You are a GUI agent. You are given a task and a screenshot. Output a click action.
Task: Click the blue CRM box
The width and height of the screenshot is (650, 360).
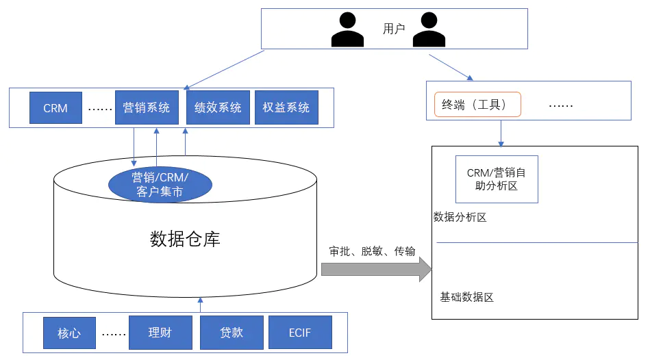point(55,107)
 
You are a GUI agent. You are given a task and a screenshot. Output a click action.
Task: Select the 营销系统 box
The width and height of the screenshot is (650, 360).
point(147,107)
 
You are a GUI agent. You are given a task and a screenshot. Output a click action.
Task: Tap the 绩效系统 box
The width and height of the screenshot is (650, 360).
point(218,107)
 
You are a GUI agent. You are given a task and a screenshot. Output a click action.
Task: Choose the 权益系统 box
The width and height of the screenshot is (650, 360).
point(286,107)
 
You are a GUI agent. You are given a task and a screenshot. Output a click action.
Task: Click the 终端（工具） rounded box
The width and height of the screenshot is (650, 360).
point(477,105)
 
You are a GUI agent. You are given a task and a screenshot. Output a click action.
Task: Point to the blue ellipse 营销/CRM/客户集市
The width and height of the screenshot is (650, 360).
point(160,184)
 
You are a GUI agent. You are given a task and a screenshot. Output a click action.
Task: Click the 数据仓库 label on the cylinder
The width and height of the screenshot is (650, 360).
point(185,239)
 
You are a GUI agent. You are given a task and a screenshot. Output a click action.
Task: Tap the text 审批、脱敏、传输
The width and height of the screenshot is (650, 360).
point(372,251)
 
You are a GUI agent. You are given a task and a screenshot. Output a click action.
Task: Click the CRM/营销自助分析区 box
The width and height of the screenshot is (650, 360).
point(497,179)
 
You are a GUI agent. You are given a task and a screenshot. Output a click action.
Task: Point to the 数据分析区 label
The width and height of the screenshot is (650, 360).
point(460,217)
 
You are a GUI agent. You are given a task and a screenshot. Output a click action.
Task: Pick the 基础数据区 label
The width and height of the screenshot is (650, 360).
point(466,297)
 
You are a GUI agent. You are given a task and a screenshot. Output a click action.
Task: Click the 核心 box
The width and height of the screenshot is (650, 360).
point(69,333)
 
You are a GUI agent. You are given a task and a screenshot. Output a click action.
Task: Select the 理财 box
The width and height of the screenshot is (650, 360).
point(160,332)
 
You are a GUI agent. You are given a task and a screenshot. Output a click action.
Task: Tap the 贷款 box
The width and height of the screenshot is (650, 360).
point(232,332)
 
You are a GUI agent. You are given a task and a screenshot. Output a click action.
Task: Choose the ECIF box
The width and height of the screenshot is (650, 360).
point(300,332)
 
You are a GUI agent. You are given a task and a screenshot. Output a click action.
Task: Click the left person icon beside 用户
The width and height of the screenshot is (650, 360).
point(347,29)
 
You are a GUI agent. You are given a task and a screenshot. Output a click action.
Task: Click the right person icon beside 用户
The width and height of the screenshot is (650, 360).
point(429,29)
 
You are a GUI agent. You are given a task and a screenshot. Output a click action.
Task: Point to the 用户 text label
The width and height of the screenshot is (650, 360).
point(394,29)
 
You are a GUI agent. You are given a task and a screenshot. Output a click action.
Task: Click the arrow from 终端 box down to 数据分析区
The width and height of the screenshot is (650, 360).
point(501,133)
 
